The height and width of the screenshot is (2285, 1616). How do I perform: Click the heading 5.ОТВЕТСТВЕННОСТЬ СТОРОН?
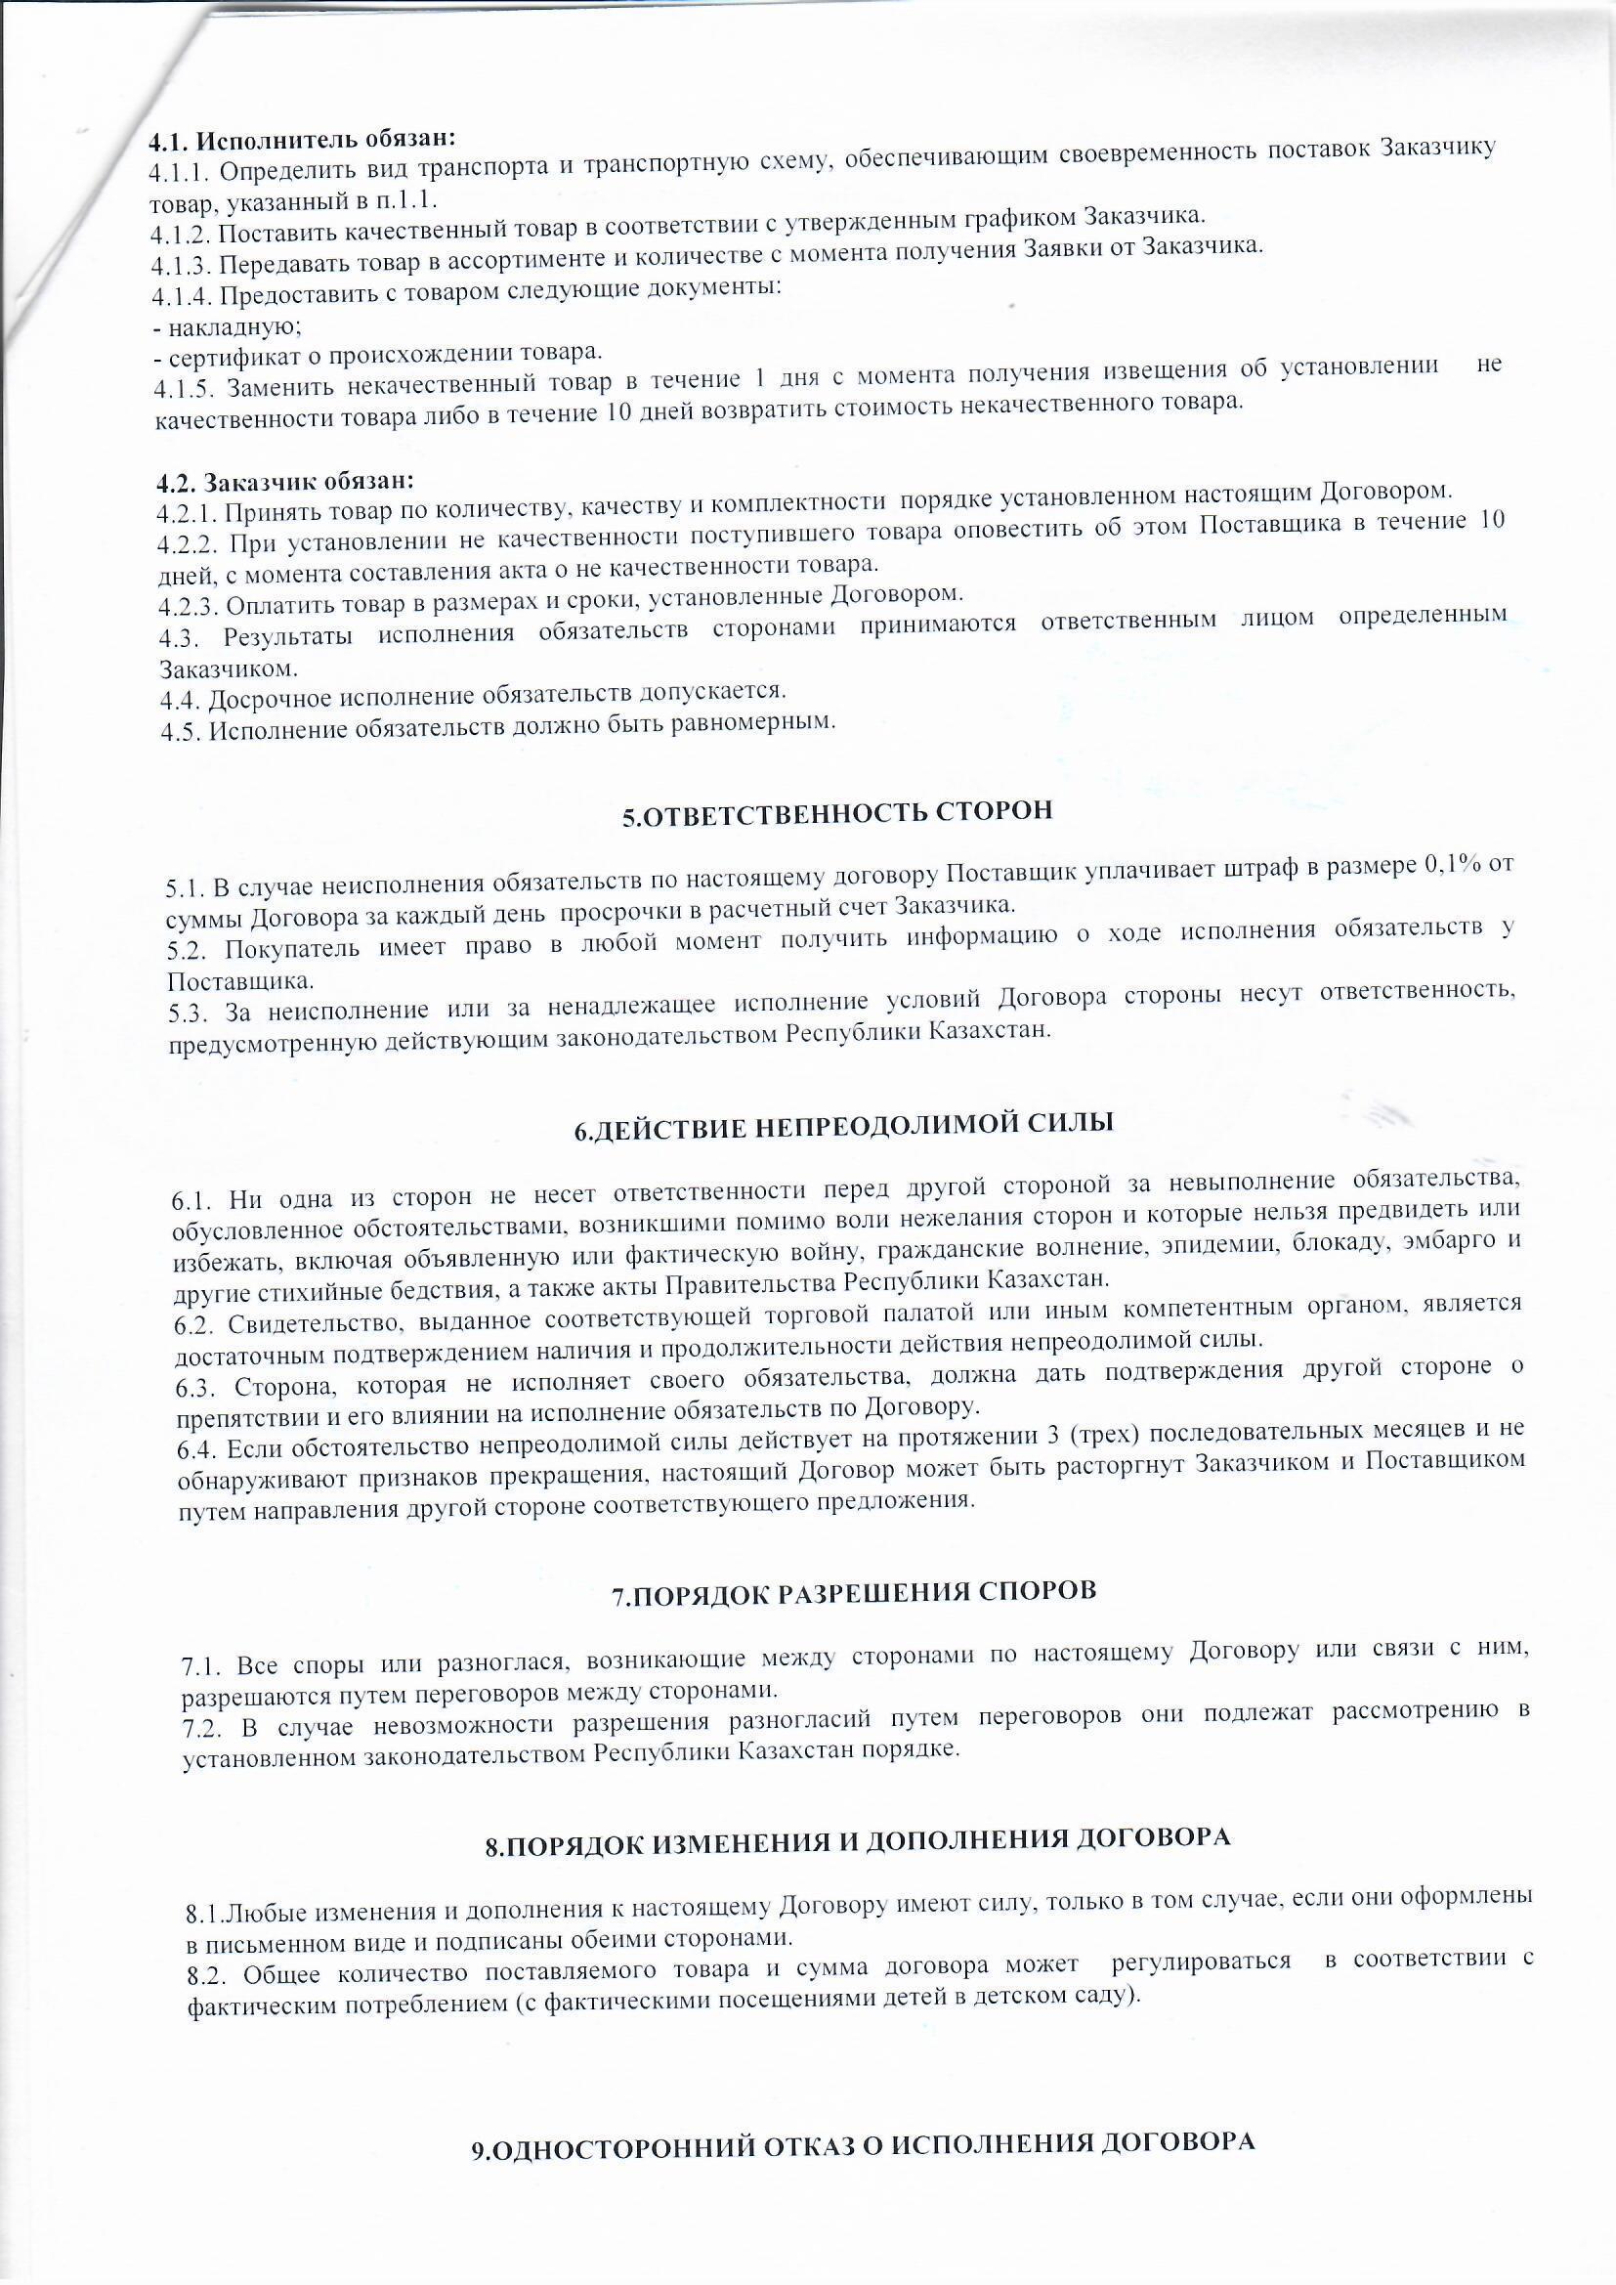(x=837, y=812)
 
